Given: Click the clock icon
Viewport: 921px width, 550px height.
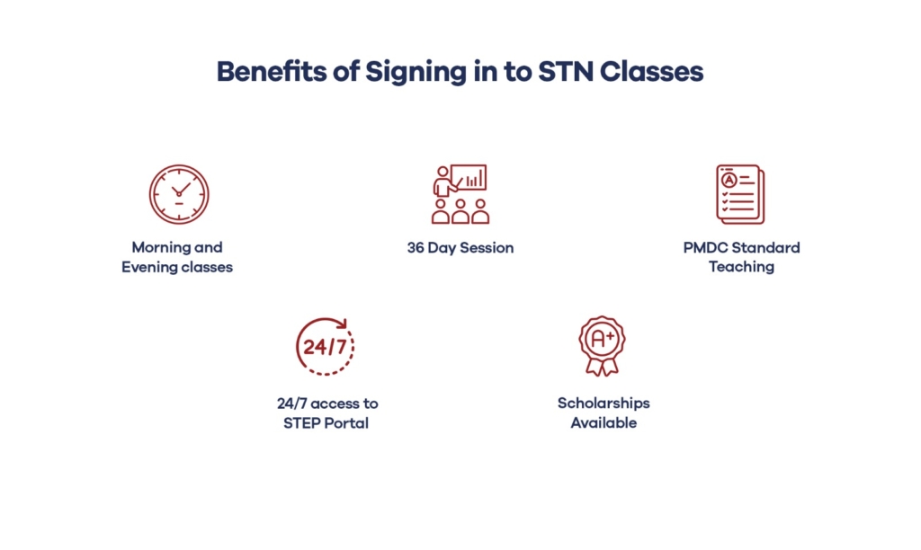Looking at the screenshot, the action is pos(179,194).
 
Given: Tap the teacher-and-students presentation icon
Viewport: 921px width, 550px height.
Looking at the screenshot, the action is pos(460,194).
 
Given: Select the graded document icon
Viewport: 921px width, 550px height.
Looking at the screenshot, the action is pos(740,194).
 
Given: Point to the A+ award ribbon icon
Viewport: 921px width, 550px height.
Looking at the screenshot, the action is pos(602,346).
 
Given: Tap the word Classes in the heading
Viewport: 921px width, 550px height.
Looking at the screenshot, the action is pos(651,72).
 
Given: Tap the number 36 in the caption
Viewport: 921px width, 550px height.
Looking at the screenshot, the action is pos(416,248).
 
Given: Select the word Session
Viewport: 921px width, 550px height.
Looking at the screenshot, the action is pos(487,248).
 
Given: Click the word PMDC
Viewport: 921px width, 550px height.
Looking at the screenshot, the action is pos(703,248).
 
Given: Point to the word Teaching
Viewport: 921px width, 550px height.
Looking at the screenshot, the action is pos(741,267).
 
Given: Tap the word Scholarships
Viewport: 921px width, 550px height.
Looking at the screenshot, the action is pos(604,404).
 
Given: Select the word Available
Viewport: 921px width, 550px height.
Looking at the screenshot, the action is pos(604,423).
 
